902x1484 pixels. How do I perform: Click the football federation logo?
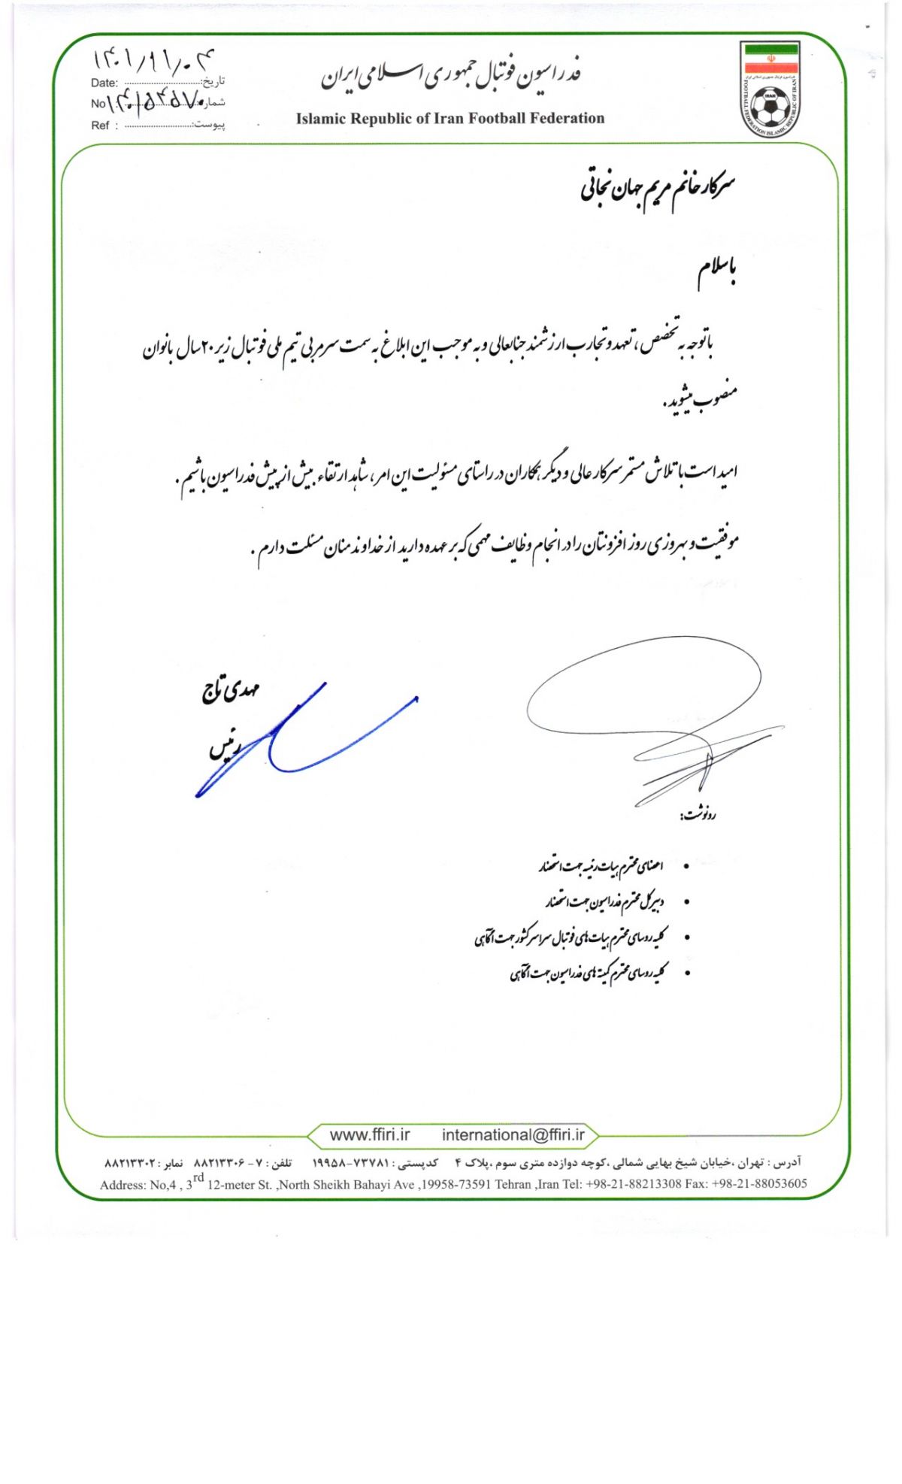pyautogui.click(x=770, y=89)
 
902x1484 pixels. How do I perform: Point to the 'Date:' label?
pyautogui.click(x=104, y=83)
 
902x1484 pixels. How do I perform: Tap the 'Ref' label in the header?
pyautogui.click(x=100, y=126)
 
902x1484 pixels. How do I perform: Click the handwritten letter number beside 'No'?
pyautogui.click(x=156, y=101)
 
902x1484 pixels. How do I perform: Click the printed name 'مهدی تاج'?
pyautogui.click(x=230, y=690)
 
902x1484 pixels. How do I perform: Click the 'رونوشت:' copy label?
pyautogui.click(x=698, y=814)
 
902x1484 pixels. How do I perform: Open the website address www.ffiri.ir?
pyautogui.click(x=370, y=1135)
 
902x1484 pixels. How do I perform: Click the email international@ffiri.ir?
pyautogui.click(x=513, y=1135)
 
